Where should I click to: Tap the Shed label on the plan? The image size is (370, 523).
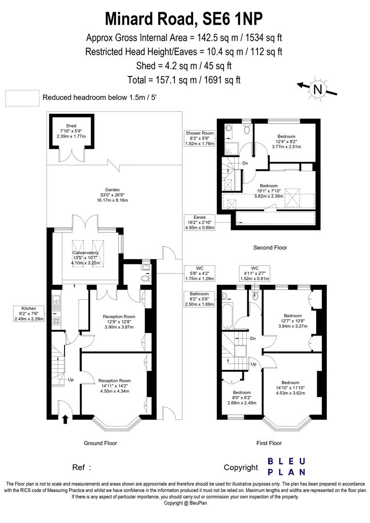(71, 131)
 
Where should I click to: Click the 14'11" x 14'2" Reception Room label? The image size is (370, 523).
(114, 385)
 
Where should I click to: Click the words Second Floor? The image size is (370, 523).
(270, 247)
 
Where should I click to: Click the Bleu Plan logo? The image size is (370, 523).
(287, 466)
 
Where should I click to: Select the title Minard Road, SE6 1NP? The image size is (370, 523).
(185, 18)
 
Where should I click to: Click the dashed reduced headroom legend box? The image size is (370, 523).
(22, 97)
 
